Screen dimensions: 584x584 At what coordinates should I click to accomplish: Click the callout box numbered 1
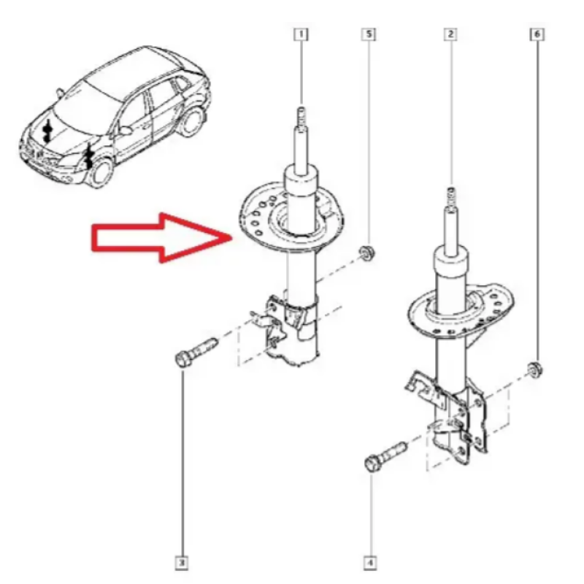pos(301,34)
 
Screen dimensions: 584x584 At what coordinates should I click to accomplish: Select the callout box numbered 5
pos(369,34)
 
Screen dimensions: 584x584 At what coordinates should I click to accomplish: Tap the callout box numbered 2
pos(450,34)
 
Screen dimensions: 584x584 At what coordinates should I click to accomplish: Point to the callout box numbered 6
pos(537,34)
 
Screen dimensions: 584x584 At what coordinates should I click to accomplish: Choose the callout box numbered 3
pos(181,562)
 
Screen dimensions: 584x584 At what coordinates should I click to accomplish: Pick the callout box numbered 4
pos(370,562)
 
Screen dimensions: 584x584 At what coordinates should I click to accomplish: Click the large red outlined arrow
pos(162,238)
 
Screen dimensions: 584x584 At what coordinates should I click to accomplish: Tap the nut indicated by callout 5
pos(367,253)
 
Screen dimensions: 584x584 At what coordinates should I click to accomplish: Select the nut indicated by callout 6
pos(535,370)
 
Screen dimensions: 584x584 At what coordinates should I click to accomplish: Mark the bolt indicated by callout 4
pos(385,456)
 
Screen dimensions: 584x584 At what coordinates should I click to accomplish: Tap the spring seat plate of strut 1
pos(291,217)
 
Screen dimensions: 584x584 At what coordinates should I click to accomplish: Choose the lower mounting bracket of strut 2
pos(447,417)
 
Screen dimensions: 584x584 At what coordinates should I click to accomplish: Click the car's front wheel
pos(101,173)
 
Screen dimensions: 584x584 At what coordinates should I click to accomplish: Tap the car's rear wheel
pos(193,120)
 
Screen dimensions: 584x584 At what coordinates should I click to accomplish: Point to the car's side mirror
pos(126,131)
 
